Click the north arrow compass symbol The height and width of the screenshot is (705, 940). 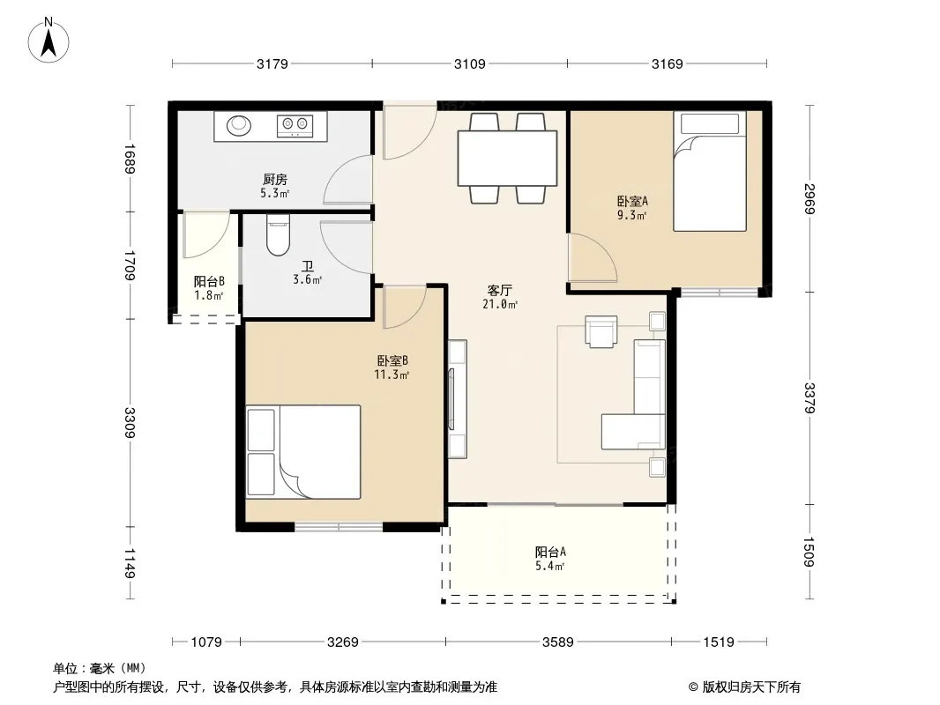pyautogui.click(x=48, y=40)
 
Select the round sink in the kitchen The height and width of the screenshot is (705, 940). pyautogui.click(x=239, y=125)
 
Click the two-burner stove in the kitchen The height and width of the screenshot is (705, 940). pyautogui.click(x=295, y=125)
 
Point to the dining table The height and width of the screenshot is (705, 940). pyautogui.click(x=507, y=159)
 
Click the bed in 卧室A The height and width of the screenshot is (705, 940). pyautogui.click(x=709, y=171)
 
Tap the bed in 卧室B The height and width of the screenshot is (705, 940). pyautogui.click(x=303, y=451)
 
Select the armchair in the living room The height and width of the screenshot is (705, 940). pyautogui.click(x=601, y=331)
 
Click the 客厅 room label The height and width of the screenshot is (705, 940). pyautogui.click(x=499, y=291)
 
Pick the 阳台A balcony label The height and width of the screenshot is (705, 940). pyautogui.click(x=550, y=552)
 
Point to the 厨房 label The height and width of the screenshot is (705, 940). pyautogui.click(x=274, y=179)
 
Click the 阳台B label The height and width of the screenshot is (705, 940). pyautogui.click(x=209, y=281)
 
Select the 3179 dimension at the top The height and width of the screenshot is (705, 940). pyautogui.click(x=272, y=63)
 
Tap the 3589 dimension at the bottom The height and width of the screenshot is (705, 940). pyautogui.click(x=557, y=642)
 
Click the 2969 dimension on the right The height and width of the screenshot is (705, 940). pyautogui.click(x=809, y=199)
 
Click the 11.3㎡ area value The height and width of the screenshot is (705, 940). pyautogui.click(x=392, y=375)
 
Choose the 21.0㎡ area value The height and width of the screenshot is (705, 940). pyautogui.click(x=500, y=304)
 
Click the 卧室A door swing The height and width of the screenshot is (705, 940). pyautogui.click(x=593, y=257)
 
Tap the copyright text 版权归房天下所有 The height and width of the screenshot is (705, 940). pyautogui.click(x=751, y=687)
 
